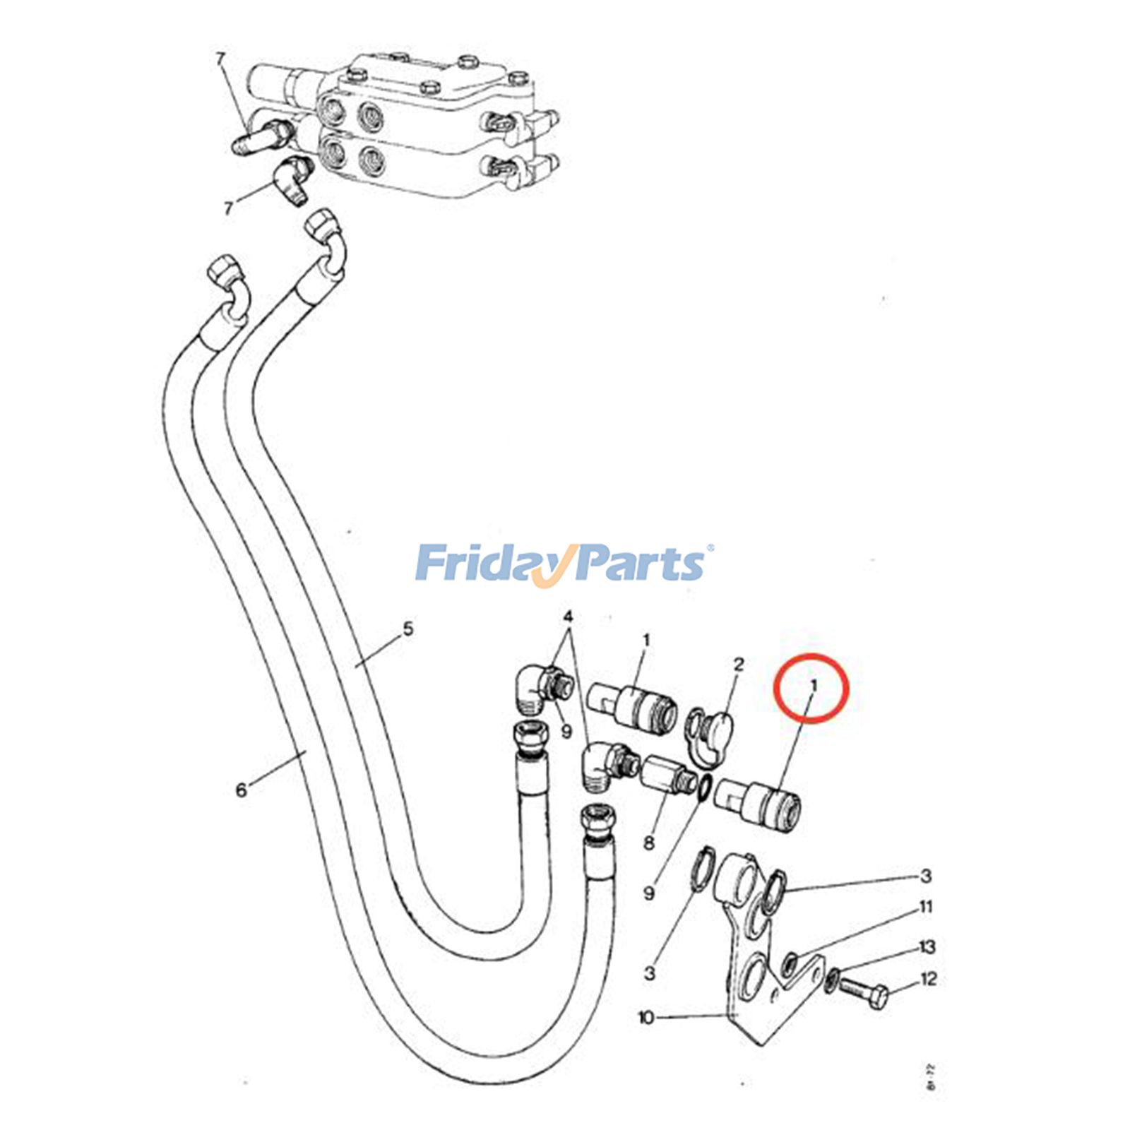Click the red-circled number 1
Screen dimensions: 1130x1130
point(814,685)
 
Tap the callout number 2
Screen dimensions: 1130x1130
point(739,665)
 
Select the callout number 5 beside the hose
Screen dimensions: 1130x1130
point(408,629)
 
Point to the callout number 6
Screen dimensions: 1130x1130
point(242,790)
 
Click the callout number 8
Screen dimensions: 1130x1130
point(649,842)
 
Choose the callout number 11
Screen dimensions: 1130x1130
point(926,907)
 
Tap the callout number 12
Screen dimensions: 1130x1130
point(929,979)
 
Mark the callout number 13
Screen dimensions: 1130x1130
point(927,946)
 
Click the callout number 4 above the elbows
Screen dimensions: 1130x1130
point(568,617)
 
